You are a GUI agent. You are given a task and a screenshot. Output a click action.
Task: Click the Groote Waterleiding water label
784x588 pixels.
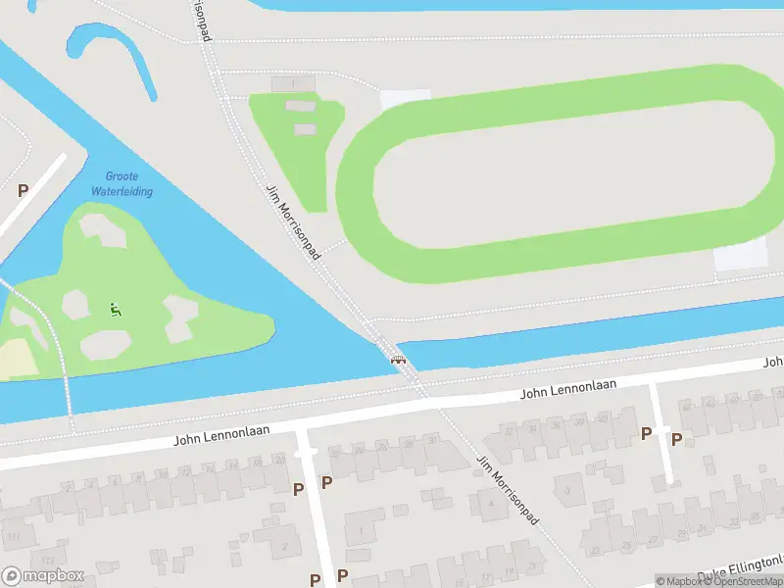tap(122, 183)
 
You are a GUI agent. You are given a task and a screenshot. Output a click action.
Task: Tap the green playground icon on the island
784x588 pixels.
tap(116, 310)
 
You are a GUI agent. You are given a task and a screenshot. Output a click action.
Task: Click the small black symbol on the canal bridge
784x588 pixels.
tap(398, 359)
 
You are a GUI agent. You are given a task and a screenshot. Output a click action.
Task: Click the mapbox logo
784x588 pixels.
tap(43, 576)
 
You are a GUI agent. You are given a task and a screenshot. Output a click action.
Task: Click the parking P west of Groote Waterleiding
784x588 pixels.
tap(23, 191)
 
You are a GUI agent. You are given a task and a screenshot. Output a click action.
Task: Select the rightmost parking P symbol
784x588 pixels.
tap(676, 439)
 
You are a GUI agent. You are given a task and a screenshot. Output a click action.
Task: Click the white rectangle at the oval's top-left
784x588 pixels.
tap(405, 99)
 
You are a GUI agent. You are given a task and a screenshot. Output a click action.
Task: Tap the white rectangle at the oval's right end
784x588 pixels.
tap(740, 256)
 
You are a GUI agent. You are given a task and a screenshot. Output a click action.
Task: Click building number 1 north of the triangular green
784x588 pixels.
tap(292, 84)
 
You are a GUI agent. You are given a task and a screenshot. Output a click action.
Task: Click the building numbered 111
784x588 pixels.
tap(14, 537)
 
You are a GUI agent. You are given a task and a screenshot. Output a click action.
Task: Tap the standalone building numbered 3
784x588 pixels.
tap(567, 489)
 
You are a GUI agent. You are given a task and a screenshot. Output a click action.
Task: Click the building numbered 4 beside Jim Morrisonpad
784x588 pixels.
tap(489, 504)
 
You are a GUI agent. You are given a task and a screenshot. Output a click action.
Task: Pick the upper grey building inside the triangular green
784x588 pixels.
tap(301, 106)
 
